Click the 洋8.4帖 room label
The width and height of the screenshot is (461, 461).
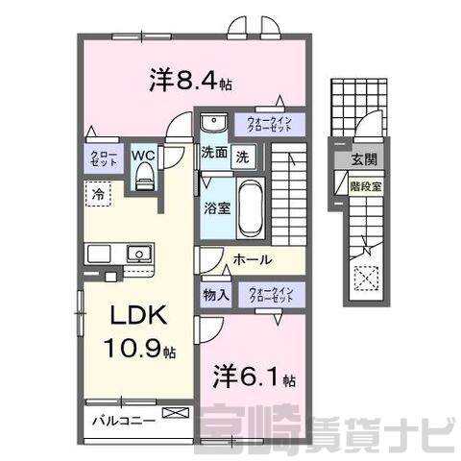tap(191, 81)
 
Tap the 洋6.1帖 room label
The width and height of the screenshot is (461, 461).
tap(255, 376)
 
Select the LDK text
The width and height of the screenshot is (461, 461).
tap(138, 315)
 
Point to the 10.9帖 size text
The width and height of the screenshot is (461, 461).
tap(139, 349)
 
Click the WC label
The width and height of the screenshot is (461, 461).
tap(143, 156)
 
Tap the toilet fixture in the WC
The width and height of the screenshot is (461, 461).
tap(144, 177)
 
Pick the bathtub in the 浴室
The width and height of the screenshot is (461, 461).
tap(251, 208)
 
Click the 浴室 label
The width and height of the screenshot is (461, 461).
tap(218, 208)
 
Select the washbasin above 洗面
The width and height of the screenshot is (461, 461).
tap(213, 122)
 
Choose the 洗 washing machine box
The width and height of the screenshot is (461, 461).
tap(244, 157)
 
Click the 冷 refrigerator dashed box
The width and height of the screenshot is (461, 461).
tap(98, 194)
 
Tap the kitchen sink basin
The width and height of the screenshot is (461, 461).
tap(139, 254)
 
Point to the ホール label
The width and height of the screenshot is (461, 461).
tap(253, 259)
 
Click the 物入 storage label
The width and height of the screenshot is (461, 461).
tap(216, 295)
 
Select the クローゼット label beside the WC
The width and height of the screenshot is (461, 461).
tap(104, 158)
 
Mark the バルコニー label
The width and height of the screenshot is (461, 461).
tap(124, 421)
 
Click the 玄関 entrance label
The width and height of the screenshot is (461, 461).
tap(364, 159)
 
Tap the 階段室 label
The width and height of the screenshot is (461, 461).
tap(366, 186)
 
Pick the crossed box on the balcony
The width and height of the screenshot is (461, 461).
tap(176, 412)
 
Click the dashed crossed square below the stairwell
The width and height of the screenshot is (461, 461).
tap(366, 279)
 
